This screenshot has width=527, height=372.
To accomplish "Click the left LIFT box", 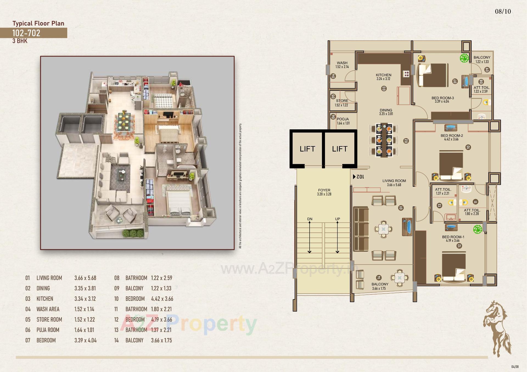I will (307, 149).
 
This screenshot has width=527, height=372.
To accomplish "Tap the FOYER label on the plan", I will (324, 190).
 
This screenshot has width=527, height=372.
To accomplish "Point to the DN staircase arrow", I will (310, 237).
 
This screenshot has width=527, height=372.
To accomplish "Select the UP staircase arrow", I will (337, 237).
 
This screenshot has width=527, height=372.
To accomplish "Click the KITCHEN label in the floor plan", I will (383, 75).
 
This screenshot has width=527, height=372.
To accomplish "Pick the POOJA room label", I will (343, 119).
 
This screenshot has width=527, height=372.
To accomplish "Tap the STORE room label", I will (342, 101).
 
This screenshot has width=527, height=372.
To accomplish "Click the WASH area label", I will (342, 63).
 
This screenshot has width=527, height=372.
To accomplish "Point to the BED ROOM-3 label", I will (442, 98).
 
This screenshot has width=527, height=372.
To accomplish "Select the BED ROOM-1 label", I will (453, 237).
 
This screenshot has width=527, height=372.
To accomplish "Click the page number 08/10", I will (503, 11).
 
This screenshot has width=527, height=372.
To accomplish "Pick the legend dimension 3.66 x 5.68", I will (85, 278).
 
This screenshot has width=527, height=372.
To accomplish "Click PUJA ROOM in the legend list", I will (48, 330).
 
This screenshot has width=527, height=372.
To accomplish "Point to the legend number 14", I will (116, 340).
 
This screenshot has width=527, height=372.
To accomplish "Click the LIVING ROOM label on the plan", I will (394, 181).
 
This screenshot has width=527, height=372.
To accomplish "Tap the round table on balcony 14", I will (400, 278).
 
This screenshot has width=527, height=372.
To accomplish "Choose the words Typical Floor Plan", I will (38, 23).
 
